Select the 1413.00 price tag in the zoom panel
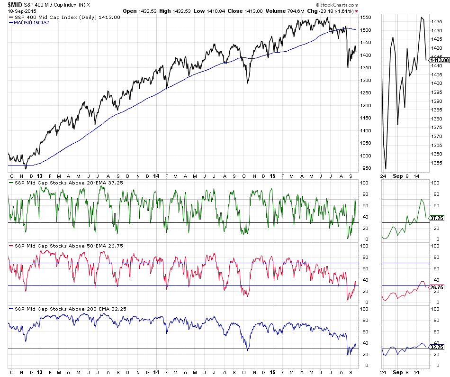tap(439, 60)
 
